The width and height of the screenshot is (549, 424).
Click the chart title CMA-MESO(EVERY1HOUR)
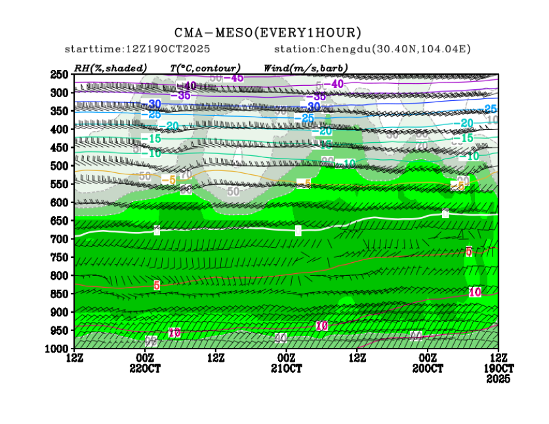pyautogui.click(x=268, y=32)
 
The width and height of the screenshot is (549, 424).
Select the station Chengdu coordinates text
pyautogui.click(x=372, y=50)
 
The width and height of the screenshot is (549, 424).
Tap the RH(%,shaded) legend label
pyautogui.click(x=111, y=67)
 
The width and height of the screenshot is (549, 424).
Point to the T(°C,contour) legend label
pyautogui.click(x=205, y=67)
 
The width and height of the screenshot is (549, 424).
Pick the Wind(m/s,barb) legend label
pyautogui.click(x=306, y=67)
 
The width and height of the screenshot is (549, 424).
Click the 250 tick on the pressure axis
pyautogui.click(x=60, y=75)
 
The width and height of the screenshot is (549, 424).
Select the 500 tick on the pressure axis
pyautogui.click(x=60, y=166)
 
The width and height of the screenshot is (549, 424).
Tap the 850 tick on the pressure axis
pyautogui.click(x=60, y=293)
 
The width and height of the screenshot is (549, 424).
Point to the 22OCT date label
pyautogui.click(x=145, y=368)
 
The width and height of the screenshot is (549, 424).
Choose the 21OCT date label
pyautogui.click(x=287, y=368)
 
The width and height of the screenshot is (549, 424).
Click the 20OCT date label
pyautogui.click(x=428, y=368)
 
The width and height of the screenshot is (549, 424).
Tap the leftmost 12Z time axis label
pyautogui.click(x=74, y=358)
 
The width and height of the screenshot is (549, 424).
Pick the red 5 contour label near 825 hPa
pyautogui.click(x=157, y=285)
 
